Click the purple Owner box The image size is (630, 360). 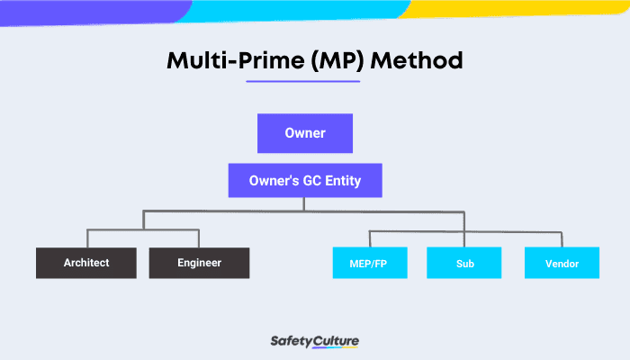point(304,133)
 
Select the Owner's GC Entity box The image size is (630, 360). point(304,181)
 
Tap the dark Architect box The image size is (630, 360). point(86,263)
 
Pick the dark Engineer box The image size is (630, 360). point(199,263)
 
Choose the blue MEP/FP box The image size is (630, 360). point(369,263)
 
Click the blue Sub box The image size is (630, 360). point(463,263)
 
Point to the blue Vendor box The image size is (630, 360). point(562,263)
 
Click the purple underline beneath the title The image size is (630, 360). point(303,81)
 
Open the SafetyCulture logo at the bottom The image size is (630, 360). point(315,341)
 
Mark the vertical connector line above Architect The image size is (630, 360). point(86,238)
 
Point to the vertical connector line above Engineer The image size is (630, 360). point(199,238)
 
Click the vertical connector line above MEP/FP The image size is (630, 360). point(369,238)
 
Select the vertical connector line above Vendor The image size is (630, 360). point(562,238)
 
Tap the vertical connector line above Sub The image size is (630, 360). point(463,229)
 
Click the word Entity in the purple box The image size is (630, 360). point(341,181)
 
